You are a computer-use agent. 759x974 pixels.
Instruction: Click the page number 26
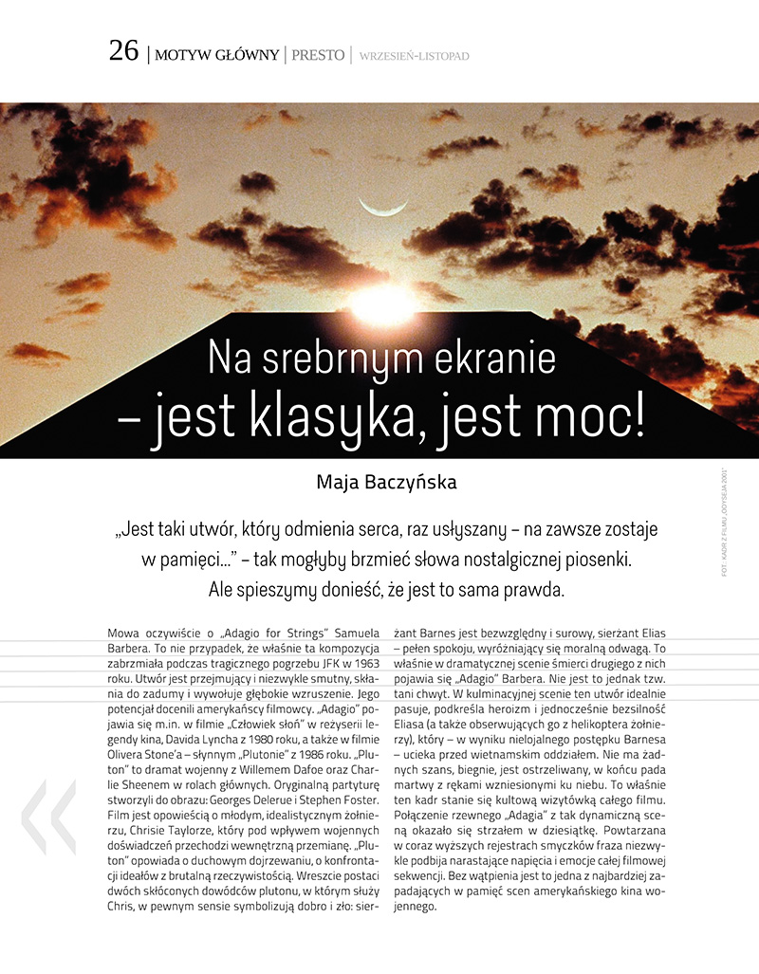click(123, 51)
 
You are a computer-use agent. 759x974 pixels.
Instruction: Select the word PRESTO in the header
click(318, 55)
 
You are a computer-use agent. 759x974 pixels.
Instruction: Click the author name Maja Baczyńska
click(386, 482)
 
